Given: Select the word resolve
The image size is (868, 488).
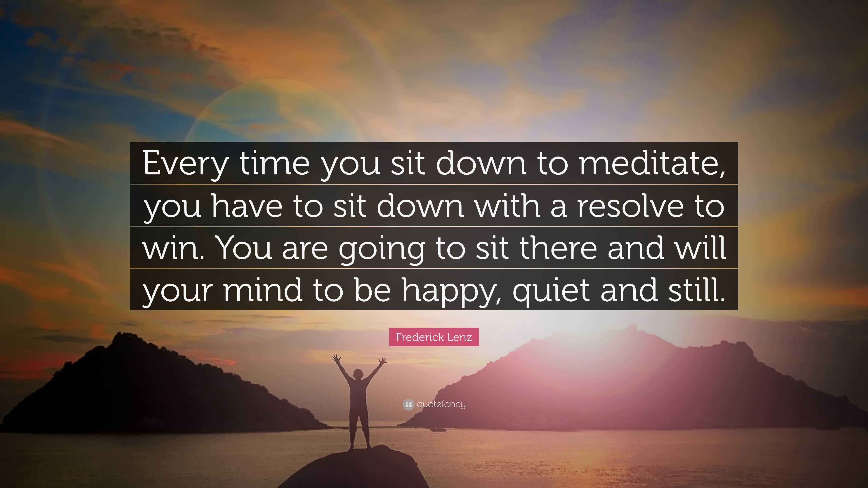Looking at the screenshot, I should [x=630, y=206].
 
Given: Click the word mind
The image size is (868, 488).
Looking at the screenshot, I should [x=263, y=290].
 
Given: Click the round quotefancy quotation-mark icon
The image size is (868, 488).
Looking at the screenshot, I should [x=408, y=404].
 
